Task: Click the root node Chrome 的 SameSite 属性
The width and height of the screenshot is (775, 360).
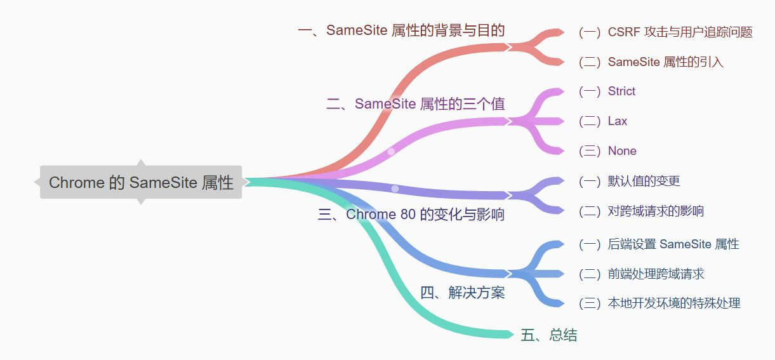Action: (141, 182)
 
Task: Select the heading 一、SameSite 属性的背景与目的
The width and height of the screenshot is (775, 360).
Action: (401, 30)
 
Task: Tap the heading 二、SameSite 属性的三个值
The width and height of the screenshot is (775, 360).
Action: (416, 104)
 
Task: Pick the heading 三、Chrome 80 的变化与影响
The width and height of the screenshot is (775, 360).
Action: (411, 215)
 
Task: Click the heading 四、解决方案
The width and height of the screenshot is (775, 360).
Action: (463, 293)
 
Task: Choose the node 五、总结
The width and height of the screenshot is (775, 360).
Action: (549, 335)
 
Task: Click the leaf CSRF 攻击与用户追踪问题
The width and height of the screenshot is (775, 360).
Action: (666, 32)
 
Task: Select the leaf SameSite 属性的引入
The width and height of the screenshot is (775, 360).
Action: (651, 62)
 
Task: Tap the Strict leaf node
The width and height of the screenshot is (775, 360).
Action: (607, 91)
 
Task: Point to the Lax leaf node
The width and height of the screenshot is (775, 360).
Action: (603, 121)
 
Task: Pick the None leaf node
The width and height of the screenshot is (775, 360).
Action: (607, 151)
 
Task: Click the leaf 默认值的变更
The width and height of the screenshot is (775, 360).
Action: (630, 181)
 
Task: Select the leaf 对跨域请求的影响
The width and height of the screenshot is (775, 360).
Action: (641, 211)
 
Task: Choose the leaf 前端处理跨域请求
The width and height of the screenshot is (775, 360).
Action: (642, 274)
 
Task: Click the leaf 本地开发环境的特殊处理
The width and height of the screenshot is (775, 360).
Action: (659, 303)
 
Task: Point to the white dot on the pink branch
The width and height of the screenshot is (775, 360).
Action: (391, 151)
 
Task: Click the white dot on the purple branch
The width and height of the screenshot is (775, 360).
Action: (395, 189)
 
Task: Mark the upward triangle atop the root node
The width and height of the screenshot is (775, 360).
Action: (141, 163)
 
